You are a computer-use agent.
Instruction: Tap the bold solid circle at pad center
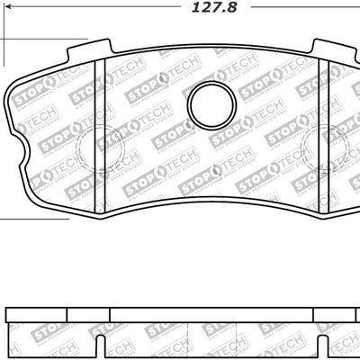[x=211, y=105]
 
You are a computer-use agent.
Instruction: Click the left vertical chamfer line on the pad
[x=105, y=135]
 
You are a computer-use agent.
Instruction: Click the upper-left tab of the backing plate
[x=90, y=49]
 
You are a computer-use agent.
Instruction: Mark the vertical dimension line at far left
[x=1, y=126]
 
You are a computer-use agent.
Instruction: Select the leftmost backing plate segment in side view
[x=36, y=314]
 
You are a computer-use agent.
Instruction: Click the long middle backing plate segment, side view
[x=211, y=314]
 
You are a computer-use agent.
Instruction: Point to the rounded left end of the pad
[x=11, y=99]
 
